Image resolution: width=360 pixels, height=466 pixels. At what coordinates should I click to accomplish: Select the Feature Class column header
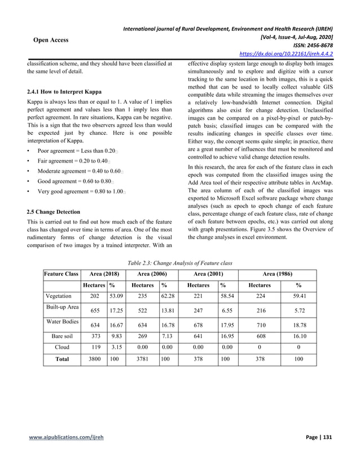coord(61,274)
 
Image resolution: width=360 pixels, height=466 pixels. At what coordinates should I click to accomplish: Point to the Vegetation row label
coord(59,296)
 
